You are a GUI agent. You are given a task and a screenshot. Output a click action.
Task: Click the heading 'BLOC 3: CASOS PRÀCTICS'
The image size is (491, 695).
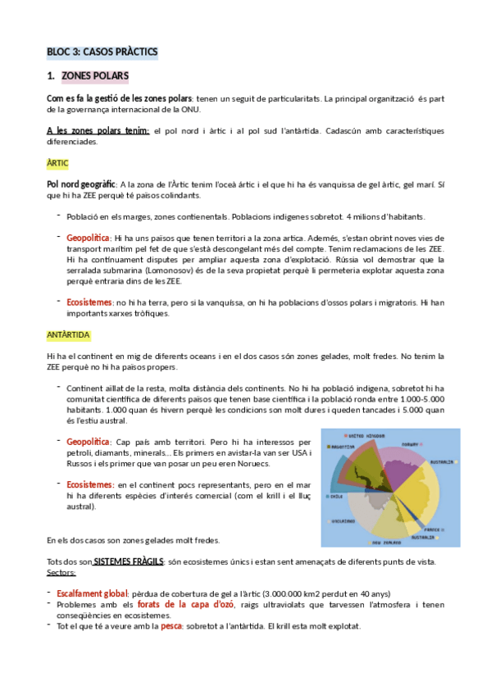(102, 52)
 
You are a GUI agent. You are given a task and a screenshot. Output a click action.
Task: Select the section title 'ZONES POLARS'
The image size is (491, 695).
(95, 77)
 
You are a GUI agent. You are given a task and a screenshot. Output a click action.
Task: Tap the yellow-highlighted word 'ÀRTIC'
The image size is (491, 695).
(57, 163)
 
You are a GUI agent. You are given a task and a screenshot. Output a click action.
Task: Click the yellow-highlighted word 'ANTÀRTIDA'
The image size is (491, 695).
(69, 335)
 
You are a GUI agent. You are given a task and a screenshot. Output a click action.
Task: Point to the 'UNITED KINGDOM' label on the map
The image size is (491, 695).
(364, 435)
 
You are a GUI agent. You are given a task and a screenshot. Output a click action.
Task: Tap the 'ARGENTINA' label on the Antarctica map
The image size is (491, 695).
(343, 447)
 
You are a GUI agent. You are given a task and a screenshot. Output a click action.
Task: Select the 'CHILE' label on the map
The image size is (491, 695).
(336, 496)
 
